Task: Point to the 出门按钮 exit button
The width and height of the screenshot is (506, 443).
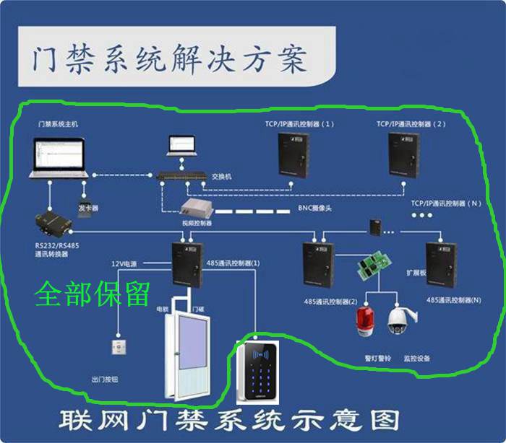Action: pyautogui.click(x=118, y=348)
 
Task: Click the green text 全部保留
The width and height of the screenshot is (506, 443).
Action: pyautogui.click(x=93, y=294)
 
